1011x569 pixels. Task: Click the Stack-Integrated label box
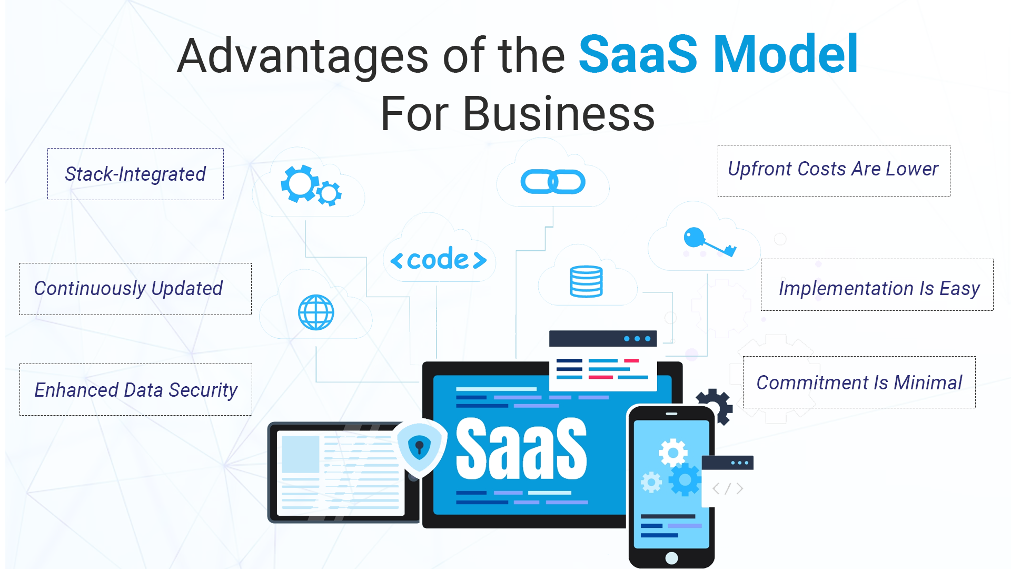tap(135, 174)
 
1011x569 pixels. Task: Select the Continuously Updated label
tap(135, 289)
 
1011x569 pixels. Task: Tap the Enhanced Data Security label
tap(136, 390)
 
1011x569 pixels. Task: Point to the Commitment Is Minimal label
tap(859, 382)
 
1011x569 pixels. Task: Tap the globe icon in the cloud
tap(316, 312)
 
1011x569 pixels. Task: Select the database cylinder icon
tap(586, 281)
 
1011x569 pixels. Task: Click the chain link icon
tap(553, 182)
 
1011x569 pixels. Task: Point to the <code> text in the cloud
tap(439, 259)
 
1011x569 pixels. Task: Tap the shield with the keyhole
tap(420, 447)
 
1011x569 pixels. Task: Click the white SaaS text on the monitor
tap(521, 449)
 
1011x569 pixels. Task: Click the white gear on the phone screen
tap(673, 453)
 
